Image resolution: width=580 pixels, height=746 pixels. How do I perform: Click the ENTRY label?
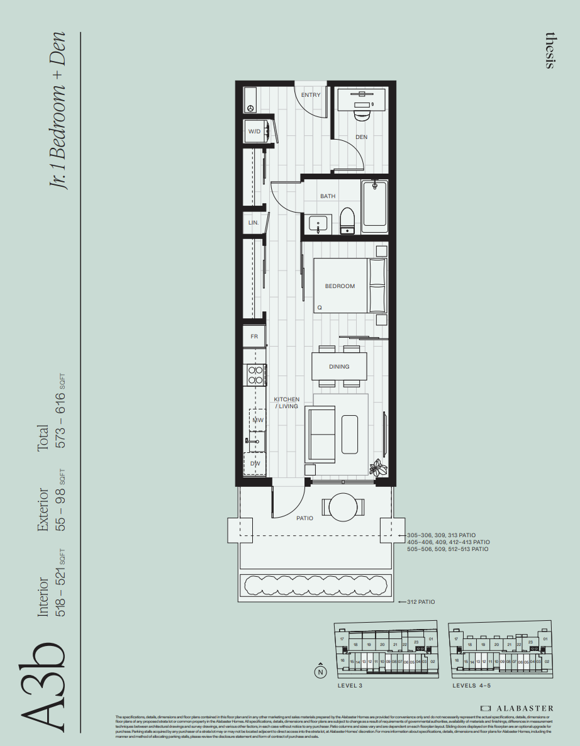(311, 95)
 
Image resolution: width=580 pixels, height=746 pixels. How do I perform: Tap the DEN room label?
(361, 136)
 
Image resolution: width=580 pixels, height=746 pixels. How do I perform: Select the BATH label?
(328, 196)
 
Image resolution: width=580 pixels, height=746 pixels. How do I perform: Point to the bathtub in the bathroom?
(374, 204)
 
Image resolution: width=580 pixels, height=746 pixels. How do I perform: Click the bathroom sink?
(318, 223)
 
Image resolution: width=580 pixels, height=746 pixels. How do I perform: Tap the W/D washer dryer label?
(254, 132)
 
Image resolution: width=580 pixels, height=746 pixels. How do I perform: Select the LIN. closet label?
(254, 223)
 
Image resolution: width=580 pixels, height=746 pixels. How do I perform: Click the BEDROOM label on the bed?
(340, 286)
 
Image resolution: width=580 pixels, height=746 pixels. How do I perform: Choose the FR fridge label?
(254, 337)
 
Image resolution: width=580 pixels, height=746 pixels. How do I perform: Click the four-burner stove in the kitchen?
(255, 376)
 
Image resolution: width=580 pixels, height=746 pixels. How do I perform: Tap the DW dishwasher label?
(255, 464)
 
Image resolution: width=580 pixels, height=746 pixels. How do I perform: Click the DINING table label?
(339, 367)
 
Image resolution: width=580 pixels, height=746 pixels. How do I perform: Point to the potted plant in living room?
(379, 467)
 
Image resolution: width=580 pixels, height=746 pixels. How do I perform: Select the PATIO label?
(304, 518)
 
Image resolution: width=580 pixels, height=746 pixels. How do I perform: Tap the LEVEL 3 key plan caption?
(350, 686)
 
